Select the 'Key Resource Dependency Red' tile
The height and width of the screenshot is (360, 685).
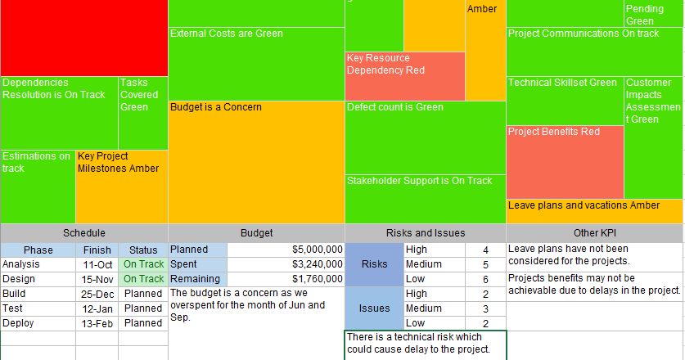tap(405, 76)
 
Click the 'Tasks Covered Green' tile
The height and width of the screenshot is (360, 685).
tap(143, 112)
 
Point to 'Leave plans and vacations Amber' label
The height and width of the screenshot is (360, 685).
tap(584, 205)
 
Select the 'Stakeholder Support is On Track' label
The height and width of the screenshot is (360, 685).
tap(420, 181)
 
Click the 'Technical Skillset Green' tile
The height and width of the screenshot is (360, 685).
tap(564, 100)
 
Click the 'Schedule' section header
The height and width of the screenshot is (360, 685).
tap(83, 233)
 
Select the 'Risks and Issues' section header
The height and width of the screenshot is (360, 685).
tap(425, 233)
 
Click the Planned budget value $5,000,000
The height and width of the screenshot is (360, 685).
tap(317, 250)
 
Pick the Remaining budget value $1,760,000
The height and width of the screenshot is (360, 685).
tap(317, 279)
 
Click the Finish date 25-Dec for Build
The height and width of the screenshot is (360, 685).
tap(97, 294)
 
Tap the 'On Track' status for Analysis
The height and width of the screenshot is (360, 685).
tap(143, 264)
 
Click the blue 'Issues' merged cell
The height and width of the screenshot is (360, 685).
tap(374, 308)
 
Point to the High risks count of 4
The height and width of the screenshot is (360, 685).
tap(485, 250)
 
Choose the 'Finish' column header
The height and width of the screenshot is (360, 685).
tap(97, 250)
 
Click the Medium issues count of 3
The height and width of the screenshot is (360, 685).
tap(485, 308)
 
